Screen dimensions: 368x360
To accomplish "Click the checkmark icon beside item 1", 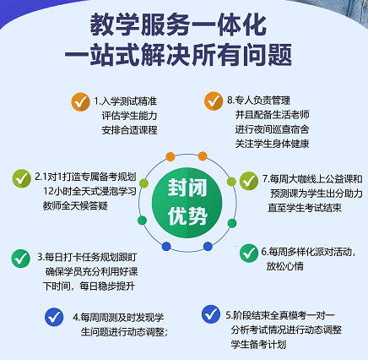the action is pyautogui.click(x=80, y=102).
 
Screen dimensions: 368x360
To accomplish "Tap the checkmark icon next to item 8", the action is pyautogui.click(x=214, y=101).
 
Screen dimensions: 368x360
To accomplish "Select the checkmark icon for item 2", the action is pyautogui.click(x=22, y=178).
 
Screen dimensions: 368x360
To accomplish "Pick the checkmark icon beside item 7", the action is pyautogui.click(x=249, y=181).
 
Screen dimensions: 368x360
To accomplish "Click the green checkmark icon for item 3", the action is pyautogui.click(x=21, y=259).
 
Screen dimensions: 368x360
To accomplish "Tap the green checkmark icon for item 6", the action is pyautogui.click(x=249, y=253).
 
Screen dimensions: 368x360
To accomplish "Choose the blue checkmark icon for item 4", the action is pyautogui.click(x=54, y=317).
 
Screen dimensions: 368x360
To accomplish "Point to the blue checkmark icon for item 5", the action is pyautogui.click(x=211, y=314).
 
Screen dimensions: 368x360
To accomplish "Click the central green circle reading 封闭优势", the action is pyautogui.click(x=187, y=203).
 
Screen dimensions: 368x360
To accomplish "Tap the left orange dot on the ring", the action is pyautogui.click(x=170, y=156).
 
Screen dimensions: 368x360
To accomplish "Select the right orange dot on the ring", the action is pyautogui.click(x=203, y=156).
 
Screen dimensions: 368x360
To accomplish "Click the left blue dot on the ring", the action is pyautogui.click(x=166, y=246).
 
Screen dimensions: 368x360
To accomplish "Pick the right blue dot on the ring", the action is pyautogui.click(x=208, y=246).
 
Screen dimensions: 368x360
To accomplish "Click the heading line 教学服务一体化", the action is pyautogui.click(x=178, y=25).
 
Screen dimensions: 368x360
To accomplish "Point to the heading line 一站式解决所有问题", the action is pyautogui.click(x=178, y=54).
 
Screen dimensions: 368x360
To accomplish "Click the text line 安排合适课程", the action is pyautogui.click(x=129, y=130).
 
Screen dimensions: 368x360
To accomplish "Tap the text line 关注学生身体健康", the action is pyautogui.click(x=272, y=144).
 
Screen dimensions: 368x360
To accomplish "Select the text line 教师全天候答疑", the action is pyautogui.click(x=75, y=205).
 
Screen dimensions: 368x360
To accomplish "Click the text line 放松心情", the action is pyautogui.click(x=285, y=266).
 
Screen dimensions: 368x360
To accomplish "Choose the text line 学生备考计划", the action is pyautogui.click(x=258, y=344).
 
